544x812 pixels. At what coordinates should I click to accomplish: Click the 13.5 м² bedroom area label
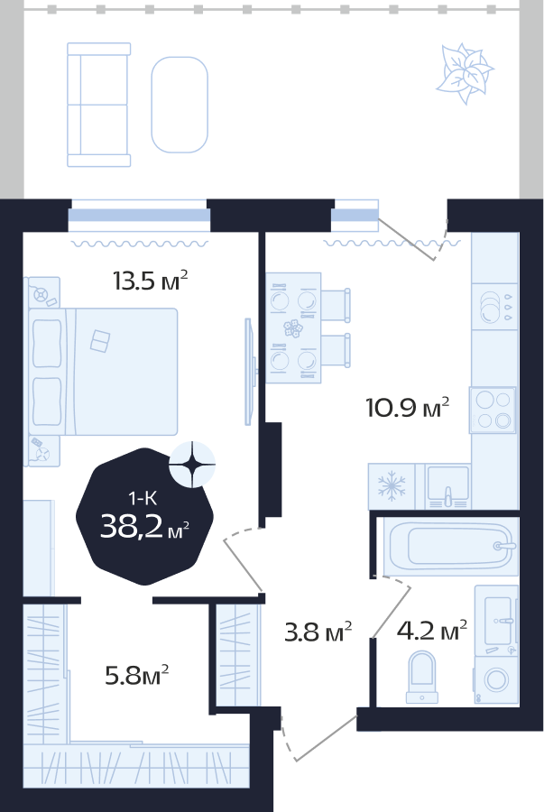point(150,281)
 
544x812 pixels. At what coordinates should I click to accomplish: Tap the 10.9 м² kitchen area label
point(407,407)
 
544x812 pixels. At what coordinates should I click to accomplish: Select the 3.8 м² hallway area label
point(318,632)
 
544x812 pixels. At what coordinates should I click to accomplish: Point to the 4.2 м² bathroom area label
point(432,631)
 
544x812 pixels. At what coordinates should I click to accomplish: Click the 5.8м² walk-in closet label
point(137,675)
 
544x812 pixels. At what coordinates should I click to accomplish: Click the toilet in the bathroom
point(422,677)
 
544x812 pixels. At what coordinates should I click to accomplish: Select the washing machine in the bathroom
point(496,680)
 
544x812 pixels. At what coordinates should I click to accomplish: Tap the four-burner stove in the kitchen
point(493,410)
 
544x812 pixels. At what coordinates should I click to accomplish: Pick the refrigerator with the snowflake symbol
point(392,486)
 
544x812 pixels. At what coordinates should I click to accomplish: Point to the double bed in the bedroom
point(104,372)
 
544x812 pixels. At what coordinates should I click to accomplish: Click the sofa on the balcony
point(98,106)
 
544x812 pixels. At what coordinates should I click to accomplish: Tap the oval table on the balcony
point(180,105)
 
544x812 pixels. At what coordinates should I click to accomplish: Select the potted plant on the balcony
point(465,74)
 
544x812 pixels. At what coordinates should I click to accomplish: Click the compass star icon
point(192,465)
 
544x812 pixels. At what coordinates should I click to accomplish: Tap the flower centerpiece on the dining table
point(293,328)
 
